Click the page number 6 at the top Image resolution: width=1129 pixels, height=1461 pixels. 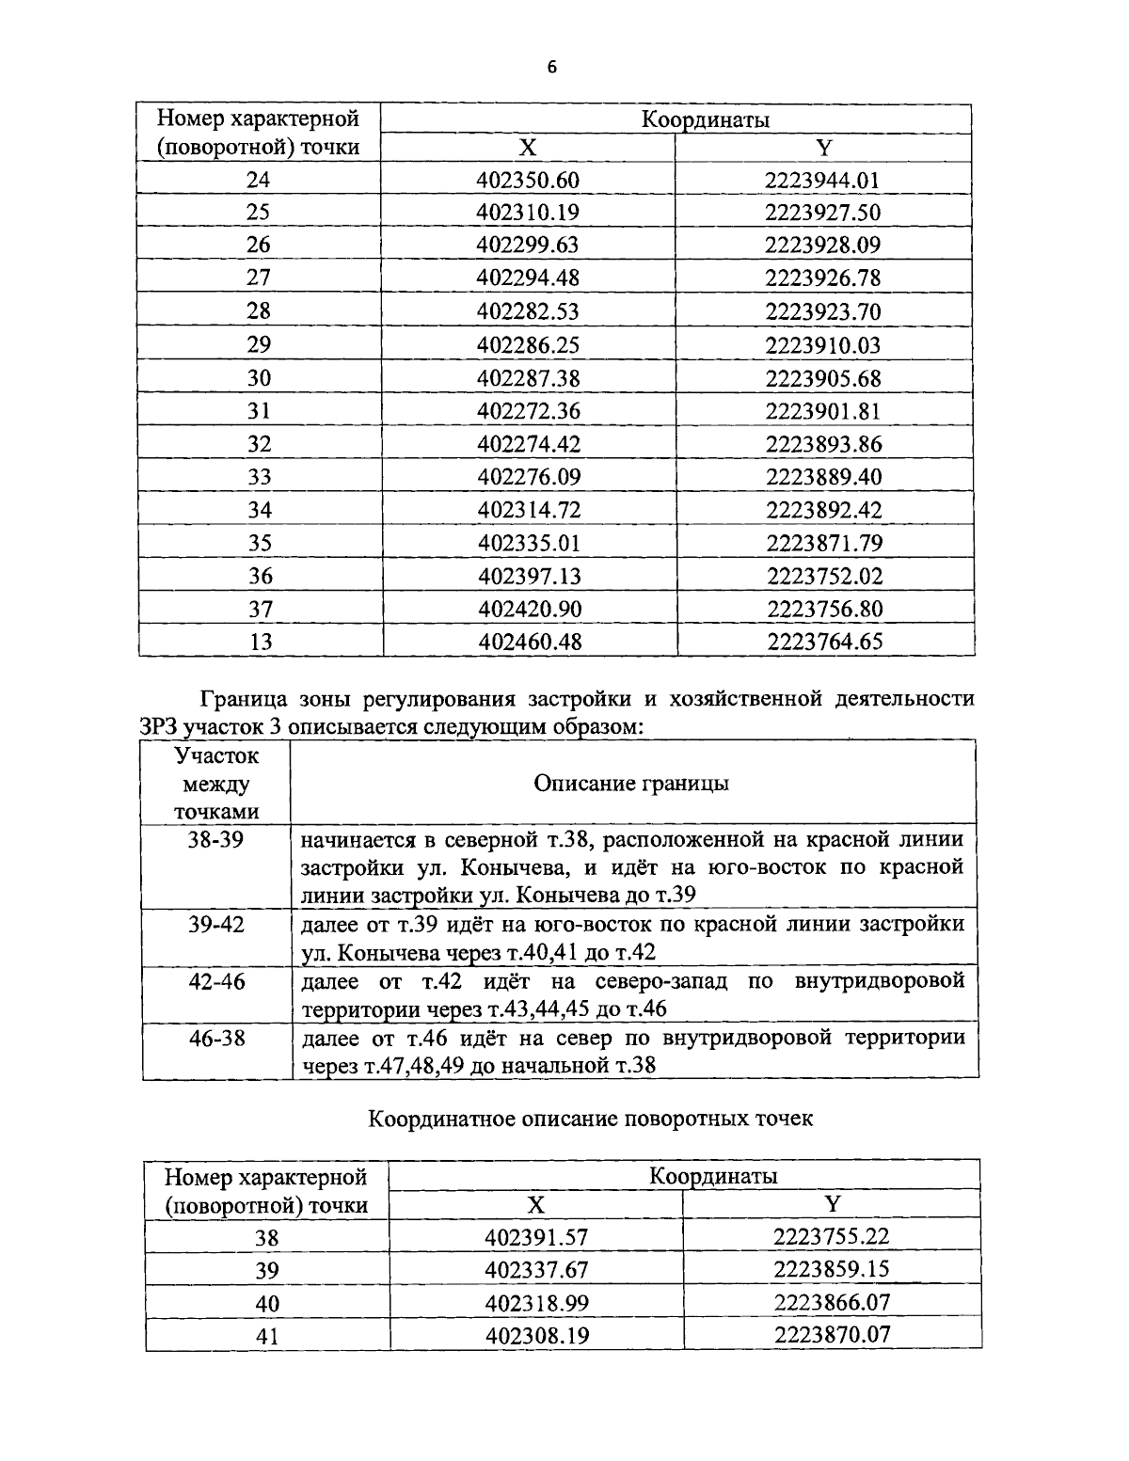(552, 67)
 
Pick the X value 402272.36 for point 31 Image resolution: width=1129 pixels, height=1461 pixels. (528, 411)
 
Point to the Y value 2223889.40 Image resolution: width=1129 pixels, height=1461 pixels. (823, 478)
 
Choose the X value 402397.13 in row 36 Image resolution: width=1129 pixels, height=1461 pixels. (529, 577)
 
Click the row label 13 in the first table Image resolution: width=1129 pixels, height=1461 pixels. (261, 643)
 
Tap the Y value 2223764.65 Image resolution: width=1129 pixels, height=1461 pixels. (825, 643)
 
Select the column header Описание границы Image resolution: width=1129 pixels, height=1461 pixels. (631, 784)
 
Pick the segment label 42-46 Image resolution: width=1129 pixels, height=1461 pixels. (216, 981)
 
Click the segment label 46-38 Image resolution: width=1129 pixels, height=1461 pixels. (216, 1039)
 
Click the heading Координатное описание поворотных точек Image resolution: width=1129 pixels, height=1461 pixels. (590, 1120)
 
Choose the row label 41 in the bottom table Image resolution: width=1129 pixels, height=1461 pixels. (267, 1336)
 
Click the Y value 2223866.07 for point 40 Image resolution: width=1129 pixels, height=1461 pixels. (832, 1303)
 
